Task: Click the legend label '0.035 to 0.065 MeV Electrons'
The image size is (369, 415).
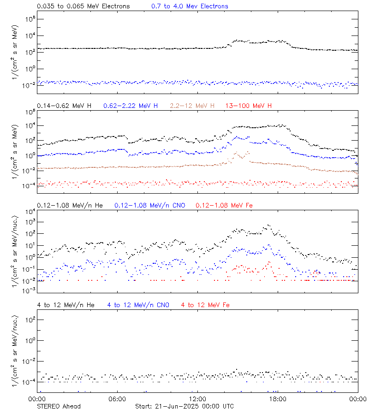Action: [83, 6]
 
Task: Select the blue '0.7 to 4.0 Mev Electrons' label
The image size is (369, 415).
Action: [190, 6]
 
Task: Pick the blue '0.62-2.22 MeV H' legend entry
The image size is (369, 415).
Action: [131, 106]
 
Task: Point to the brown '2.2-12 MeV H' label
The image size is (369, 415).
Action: [192, 106]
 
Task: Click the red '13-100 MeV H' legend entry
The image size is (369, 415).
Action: [249, 106]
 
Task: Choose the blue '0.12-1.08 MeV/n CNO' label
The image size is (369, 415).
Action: [149, 205]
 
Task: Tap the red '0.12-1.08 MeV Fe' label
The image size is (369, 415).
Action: [224, 205]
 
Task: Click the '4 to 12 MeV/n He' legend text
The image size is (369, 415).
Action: [65, 305]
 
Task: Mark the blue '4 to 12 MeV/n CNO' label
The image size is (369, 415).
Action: [138, 305]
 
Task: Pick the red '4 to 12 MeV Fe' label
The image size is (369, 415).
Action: [205, 305]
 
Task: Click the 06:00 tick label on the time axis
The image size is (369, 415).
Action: [117, 399]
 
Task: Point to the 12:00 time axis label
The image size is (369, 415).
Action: [197, 399]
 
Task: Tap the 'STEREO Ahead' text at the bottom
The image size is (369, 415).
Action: [59, 406]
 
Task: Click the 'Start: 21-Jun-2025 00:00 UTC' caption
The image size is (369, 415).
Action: [184, 406]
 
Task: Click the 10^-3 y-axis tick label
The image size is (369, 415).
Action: [29, 290]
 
